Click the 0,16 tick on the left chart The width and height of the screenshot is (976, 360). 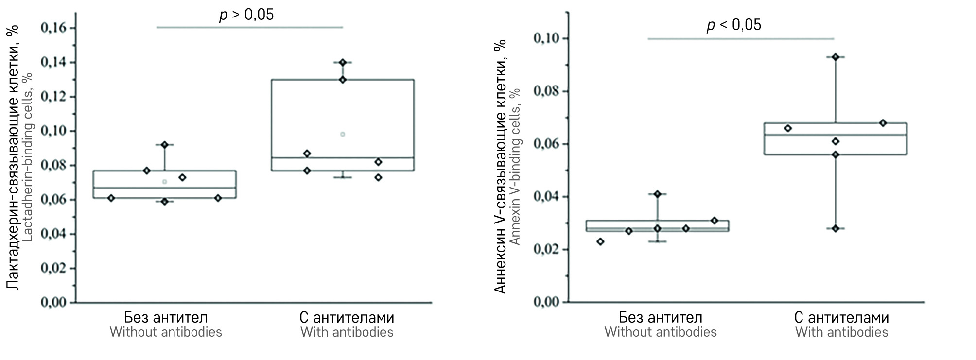(53, 28)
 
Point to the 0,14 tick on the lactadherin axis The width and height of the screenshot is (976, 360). (53, 62)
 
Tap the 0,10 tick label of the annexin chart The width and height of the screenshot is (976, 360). (546, 38)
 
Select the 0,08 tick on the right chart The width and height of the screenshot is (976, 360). (546, 91)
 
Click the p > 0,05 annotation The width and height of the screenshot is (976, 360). (246, 15)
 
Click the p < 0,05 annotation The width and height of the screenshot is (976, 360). (733, 25)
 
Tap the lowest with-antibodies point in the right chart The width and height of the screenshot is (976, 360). (836, 228)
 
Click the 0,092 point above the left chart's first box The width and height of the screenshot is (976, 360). (164, 145)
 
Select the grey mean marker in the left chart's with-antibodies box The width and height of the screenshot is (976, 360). (343, 134)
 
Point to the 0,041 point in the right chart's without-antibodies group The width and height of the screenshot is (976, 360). (658, 194)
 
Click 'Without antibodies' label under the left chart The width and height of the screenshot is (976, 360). (166, 332)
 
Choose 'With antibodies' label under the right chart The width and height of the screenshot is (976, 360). (841, 332)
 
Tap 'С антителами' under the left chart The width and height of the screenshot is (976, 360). (347, 318)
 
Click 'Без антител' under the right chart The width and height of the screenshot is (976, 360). (661, 318)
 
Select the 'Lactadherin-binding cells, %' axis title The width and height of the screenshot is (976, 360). (28, 157)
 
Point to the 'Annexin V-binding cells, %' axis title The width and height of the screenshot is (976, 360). (515, 167)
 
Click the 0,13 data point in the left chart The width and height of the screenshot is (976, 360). (343, 80)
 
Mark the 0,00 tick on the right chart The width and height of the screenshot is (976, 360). (546, 302)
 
